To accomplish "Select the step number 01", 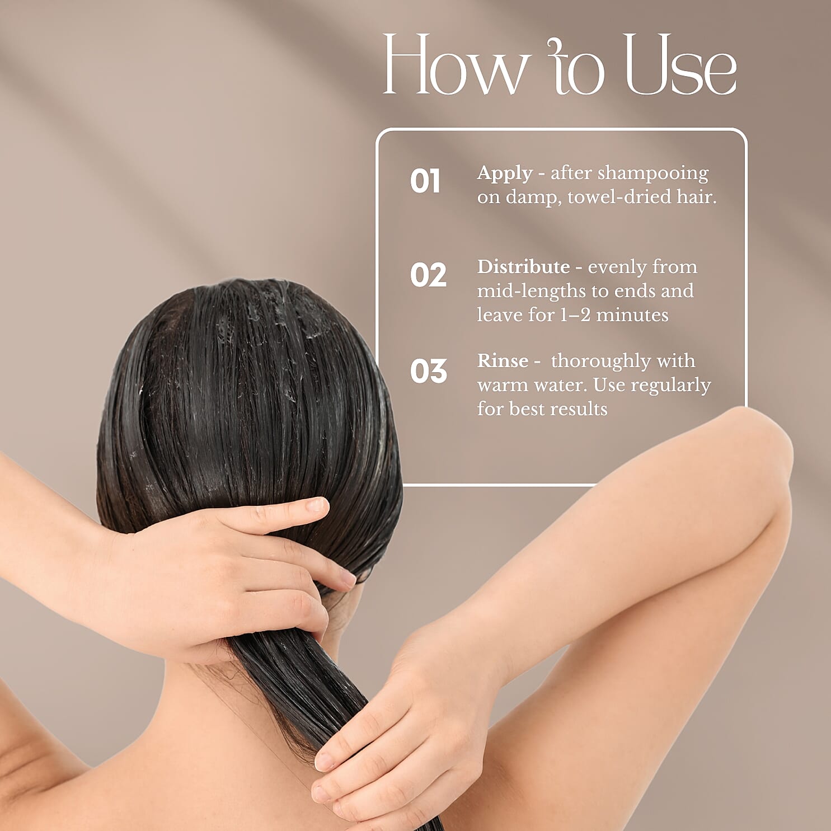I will click(425, 181).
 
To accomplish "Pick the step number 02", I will click(428, 275).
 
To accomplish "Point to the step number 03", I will click(428, 371).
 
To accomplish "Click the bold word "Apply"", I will click(504, 173).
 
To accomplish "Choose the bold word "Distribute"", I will click(523, 267).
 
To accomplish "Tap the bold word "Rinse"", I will click(503, 361).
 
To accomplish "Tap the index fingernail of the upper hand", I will click(317, 505).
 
